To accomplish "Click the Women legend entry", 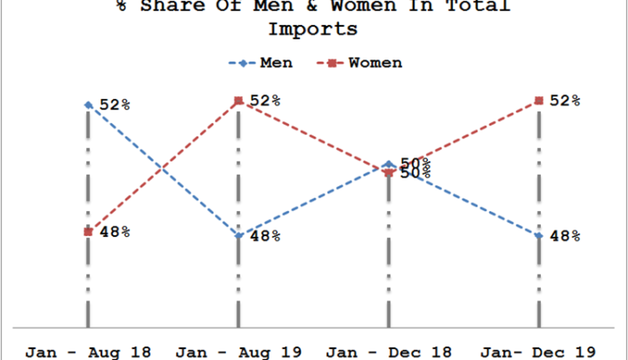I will pyautogui.click(x=362, y=63).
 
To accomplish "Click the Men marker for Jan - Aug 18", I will pyautogui.click(x=88, y=105).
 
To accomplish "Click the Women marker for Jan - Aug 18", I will pyautogui.click(x=88, y=232).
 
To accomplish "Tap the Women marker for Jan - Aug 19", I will pyautogui.click(x=239, y=100).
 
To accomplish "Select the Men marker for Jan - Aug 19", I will pyautogui.click(x=239, y=235).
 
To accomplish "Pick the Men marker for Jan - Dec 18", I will pyautogui.click(x=389, y=164).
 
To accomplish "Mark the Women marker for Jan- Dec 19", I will pyautogui.click(x=538, y=100).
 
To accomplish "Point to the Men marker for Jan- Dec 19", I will pyautogui.click(x=538, y=235).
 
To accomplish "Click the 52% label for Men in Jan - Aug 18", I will pyautogui.click(x=115, y=105).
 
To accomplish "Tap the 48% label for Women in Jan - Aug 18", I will pyautogui.click(x=115, y=232).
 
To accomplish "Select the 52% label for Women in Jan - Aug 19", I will pyautogui.click(x=265, y=100).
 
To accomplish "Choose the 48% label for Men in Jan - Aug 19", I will pyautogui.click(x=265, y=236).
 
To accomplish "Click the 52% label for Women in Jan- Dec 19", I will pyautogui.click(x=565, y=100).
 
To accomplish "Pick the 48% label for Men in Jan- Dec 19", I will pyautogui.click(x=565, y=236).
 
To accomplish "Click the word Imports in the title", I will pyautogui.click(x=313, y=30).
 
